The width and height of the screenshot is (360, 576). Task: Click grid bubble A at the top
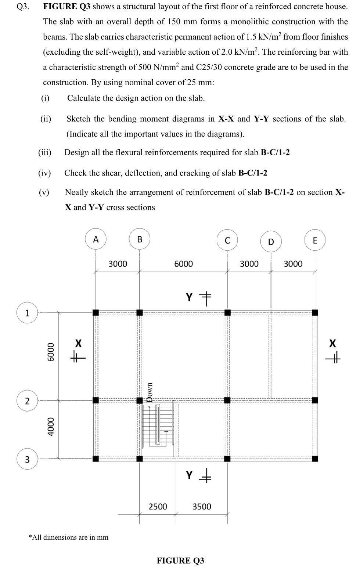[x=96, y=239]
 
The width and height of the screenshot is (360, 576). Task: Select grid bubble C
[x=227, y=240]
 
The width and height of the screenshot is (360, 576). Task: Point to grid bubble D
[x=271, y=241]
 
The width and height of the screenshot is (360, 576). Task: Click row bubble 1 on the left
[x=27, y=313]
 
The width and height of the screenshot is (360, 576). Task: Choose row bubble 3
[x=27, y=459]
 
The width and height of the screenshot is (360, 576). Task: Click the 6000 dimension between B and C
[x=183, y=264]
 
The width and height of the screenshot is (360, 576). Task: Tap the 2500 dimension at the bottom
[x=158, y=506]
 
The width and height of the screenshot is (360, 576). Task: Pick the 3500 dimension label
[x=202, y=506]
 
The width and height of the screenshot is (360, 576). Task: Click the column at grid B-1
[x=140, y=313]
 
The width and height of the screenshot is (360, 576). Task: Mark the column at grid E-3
[x=315, y=459]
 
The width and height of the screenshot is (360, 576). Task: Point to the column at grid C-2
[x=227, y=400]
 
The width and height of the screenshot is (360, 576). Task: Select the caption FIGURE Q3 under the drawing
[x=180, y=560]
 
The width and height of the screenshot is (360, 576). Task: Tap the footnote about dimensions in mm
[x=68, y=537]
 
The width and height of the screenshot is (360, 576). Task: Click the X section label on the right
[x=332, y=344]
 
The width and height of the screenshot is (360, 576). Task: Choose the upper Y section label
[x=189, y=297]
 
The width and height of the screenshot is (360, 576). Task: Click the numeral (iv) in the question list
[x=44, y=173]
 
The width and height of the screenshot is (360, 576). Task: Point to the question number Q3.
[x=23, y=7]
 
